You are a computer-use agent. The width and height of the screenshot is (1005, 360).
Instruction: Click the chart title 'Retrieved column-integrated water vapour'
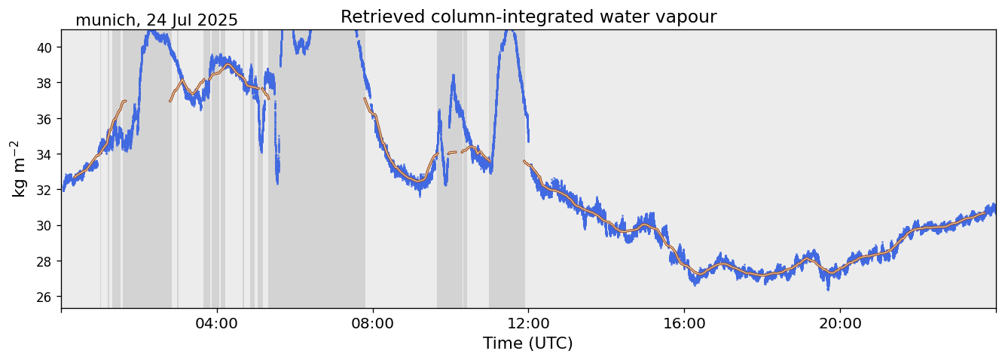point(528,17)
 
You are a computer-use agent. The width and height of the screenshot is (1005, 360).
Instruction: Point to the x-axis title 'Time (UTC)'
point(527,343)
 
